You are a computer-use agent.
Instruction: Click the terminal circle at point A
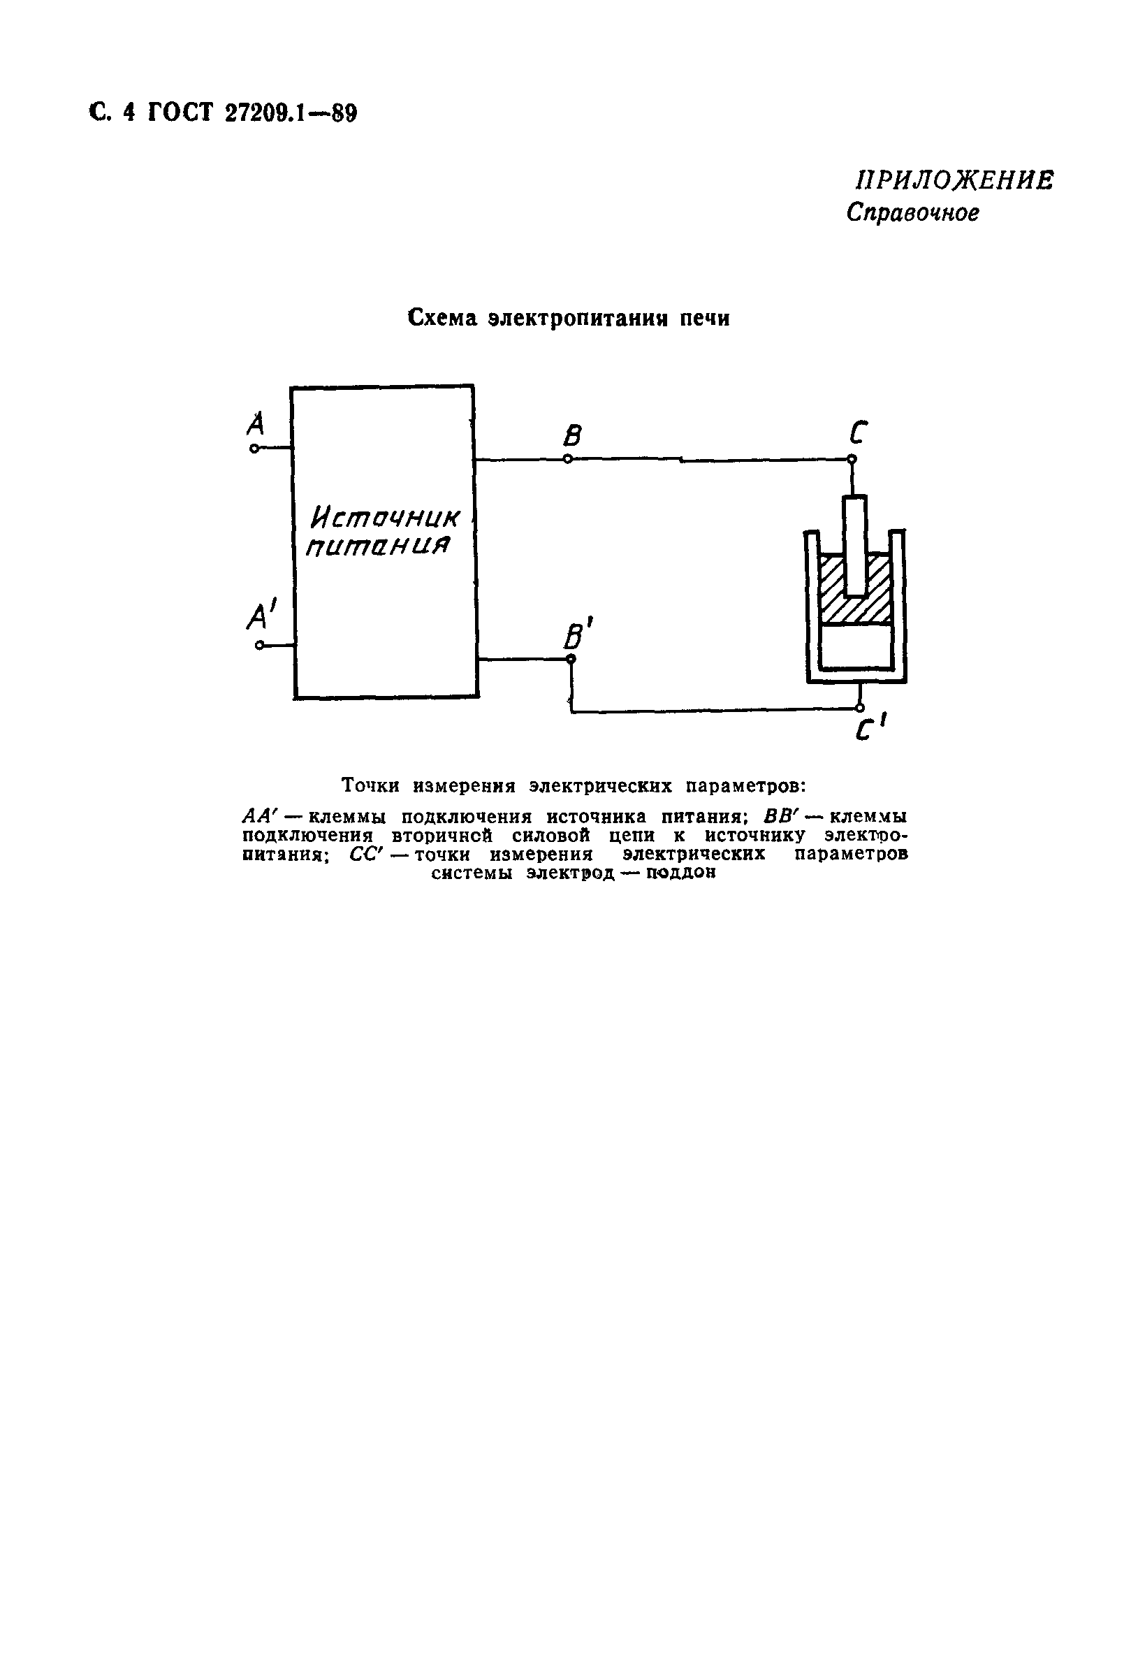pyautogui.click(x=254, y=449)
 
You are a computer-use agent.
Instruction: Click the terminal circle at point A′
pyautogui.click(x=259, y=646)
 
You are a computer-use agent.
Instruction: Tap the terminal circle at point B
pyautogui.click(x=568, y=458)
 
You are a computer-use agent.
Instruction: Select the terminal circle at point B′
pyautogui.click(x=571, y=658)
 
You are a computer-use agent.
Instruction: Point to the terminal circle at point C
pyautogui.click(x=852, y=458)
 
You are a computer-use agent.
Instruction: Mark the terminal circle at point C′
pyautogui.click(x=860, y=708)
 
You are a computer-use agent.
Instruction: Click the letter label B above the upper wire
pyautogui.click(x=572, y=435)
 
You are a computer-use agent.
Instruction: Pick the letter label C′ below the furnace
pyautogui.click(x=869, y=730)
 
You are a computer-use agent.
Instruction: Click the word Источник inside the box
pyautogui.click(x=385, y=517)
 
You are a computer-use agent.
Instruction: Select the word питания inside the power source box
pyautogui.click(x=378, y=546)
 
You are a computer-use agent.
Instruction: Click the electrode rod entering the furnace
pyautogui.click(x=854, y=545)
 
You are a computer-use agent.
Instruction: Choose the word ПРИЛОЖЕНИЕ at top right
pyautogui.click(x=953, y=180)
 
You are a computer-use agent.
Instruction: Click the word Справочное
pyautogui.click(x=912, y=212)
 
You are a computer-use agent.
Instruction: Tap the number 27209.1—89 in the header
pyautogui.click(x=291, y=113)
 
